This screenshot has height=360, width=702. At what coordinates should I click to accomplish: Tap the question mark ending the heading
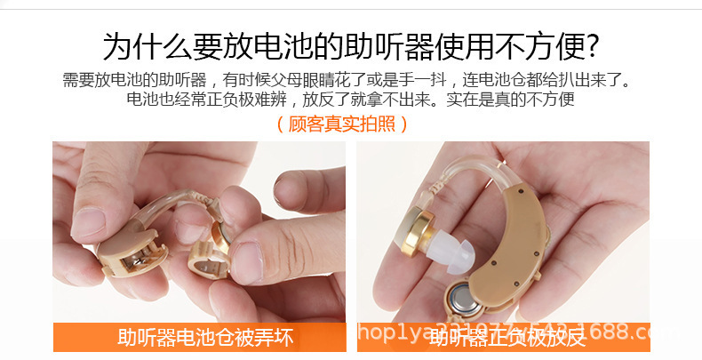tap(590, 45)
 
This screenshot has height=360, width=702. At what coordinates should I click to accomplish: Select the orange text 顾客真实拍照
tap(342, 124)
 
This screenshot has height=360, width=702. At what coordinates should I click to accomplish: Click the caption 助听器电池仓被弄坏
tap(205, 338)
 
